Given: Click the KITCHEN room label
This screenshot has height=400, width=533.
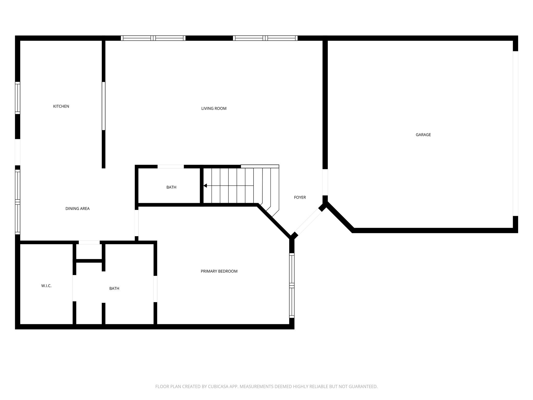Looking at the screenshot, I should pos(61,106).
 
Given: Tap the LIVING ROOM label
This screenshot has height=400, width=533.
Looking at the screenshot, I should pos(214,109).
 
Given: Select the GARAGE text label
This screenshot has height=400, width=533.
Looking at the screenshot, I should pos(423,135).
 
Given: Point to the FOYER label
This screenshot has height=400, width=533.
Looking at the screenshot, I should pos(300,197).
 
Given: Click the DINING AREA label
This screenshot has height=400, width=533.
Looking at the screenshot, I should pos(77,209).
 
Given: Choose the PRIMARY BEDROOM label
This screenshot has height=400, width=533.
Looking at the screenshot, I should pos(219,271).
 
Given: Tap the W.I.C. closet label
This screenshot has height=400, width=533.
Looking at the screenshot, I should pos(46,286).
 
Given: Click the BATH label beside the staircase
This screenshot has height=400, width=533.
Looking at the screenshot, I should pos(171,187).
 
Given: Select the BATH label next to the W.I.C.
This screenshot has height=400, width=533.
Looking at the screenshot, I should pos(114,289).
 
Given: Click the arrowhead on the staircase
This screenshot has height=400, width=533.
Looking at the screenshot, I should pos(205,186).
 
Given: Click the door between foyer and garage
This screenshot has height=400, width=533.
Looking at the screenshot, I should pos(325,182).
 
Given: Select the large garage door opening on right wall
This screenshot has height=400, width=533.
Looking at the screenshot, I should pos(515,133).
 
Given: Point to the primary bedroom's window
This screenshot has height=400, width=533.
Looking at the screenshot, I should pos(292,285).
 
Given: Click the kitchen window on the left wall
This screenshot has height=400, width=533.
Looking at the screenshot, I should pos(17,98).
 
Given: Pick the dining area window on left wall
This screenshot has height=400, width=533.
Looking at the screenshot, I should pos(17,202).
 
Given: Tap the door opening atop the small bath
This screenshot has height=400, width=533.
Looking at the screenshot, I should pos(171,167).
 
